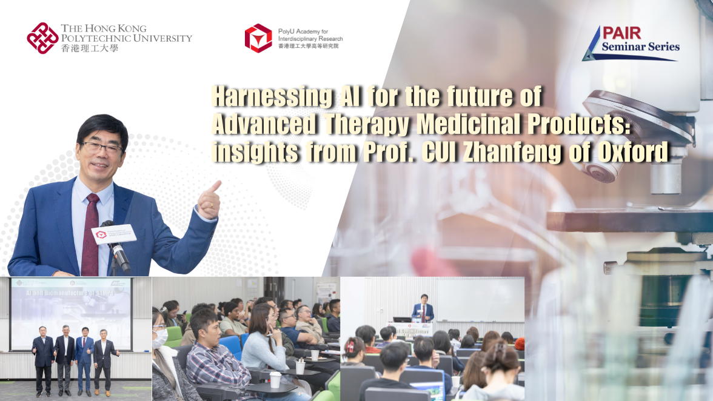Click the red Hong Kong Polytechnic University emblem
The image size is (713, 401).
point(42,38)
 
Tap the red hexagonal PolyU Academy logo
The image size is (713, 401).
point(258,38)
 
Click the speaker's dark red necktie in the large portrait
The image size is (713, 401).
point(90,233)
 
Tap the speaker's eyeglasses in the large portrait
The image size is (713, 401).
point(102,148)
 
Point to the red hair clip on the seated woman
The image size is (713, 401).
point(350,346)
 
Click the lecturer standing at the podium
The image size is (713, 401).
point(423,309)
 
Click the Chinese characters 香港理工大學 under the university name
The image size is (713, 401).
point(89,48)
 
